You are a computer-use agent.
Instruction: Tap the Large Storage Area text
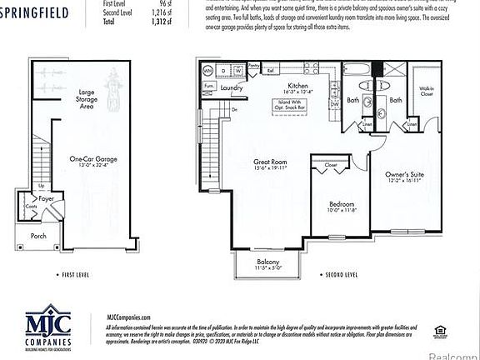click(x=84, y=99)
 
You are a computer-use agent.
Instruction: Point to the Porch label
click(x=39, y=235)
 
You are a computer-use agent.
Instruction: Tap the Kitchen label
click(x=298, y=87)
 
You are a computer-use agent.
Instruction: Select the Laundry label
click(x=232, y=87)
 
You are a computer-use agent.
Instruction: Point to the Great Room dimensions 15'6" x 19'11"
click(x=270, y=169)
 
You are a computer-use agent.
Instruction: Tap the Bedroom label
click(x=341, y=204)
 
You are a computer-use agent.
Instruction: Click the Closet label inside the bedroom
click(x=331, y=165)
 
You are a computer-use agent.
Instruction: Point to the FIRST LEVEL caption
click(x=80, y=274)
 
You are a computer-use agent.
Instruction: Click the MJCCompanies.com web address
click(x=128, y=317)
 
